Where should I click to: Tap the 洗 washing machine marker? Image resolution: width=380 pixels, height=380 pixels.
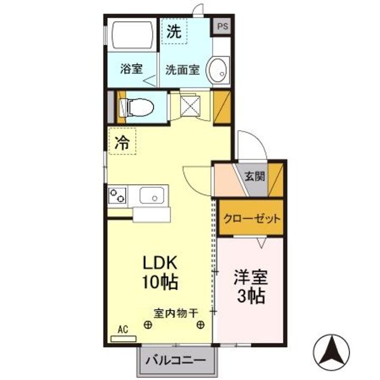coord(174,31)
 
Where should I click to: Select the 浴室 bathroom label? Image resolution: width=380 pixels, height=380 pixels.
coord(131,69)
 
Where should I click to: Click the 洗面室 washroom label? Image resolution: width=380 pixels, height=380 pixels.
coord(182,69)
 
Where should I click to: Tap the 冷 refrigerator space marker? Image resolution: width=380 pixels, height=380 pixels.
coord(122,142)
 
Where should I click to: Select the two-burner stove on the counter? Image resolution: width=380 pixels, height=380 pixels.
coord(118,195)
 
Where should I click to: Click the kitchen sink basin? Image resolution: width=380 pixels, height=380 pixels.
coord(153,196)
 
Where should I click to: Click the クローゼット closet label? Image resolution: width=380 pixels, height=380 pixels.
coord(251,218)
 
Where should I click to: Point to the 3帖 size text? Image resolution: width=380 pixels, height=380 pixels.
coord(251,297)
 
